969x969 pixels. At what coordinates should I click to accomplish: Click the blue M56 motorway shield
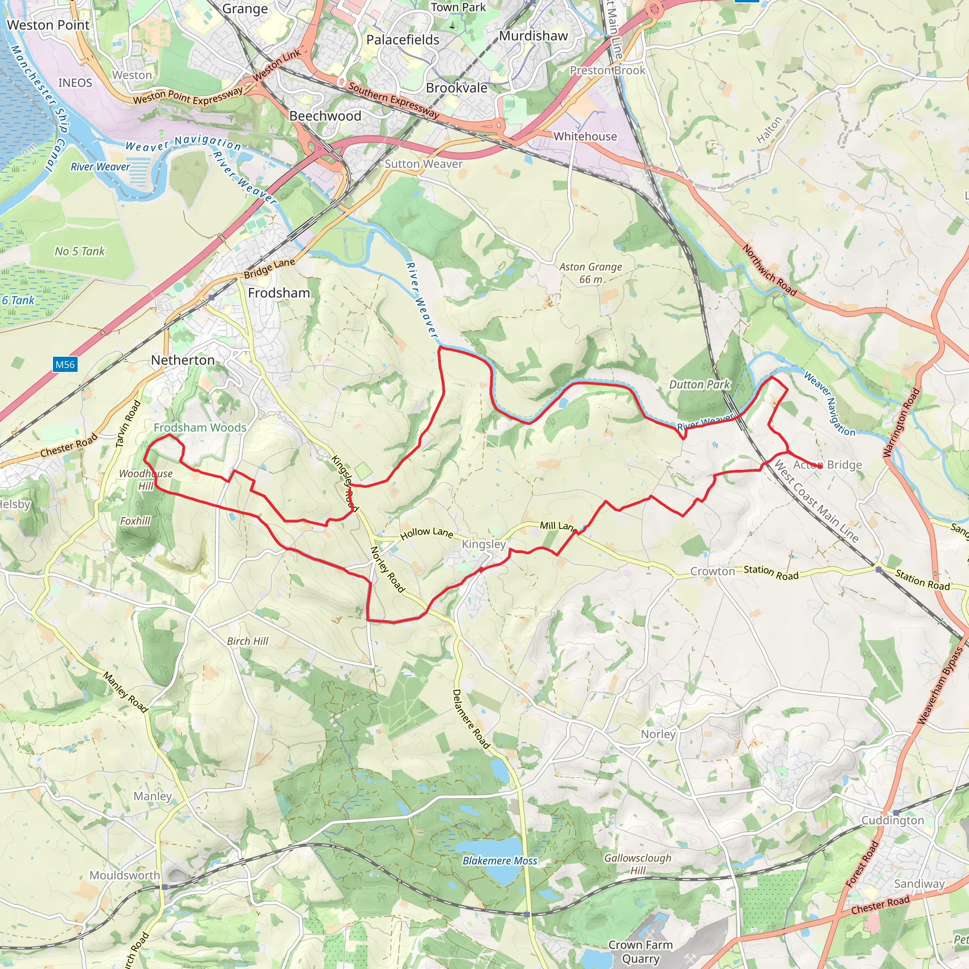pyautogui.click(x=65, y=365)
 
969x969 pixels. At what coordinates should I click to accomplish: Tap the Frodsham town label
pyautogui.click(x=279, y=293)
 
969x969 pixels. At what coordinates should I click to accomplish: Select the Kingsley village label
pyautogui.click(x=484, y=544)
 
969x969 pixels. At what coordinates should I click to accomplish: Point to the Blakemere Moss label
pyautogui.click(x=500, y=861)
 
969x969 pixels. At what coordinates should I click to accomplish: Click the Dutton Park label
pyautogui.click(x=699, y=385)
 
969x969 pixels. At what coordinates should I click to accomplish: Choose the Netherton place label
pyautogui.click(x=183, y=360)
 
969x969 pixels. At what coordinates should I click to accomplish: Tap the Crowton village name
pyautogui.click(x=712, y=571)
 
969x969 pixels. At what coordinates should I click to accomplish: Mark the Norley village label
pyautogui.click(x=658, y=734)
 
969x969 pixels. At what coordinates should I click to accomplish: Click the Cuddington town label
pyautogui.click(x=892, y=820)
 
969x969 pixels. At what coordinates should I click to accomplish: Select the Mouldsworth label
pyautogui.click(x=125, y=875)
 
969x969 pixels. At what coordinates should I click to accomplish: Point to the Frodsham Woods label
pyautogui.click(x=200, y=427)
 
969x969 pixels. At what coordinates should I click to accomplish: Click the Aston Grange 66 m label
pyautogui.click(x=590, y=273)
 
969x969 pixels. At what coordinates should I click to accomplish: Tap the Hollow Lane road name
pyautogui.click(x=426, y=533)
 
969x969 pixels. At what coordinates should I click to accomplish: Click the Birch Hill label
pyautogui.click(x=247, y=641)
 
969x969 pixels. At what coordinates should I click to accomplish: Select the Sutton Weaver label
pyautogui.click(x=423, y=164)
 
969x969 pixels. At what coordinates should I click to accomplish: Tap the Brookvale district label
pyautogui.click(x=457, y=88)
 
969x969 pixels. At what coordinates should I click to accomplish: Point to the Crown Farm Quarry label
pyautogui.click(x=640, y=951)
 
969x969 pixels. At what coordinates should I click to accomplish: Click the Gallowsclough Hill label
pyautogui.click(x=637, y=864)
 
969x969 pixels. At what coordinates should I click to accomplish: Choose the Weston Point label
pyautogui.click(x=48, y=25)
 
